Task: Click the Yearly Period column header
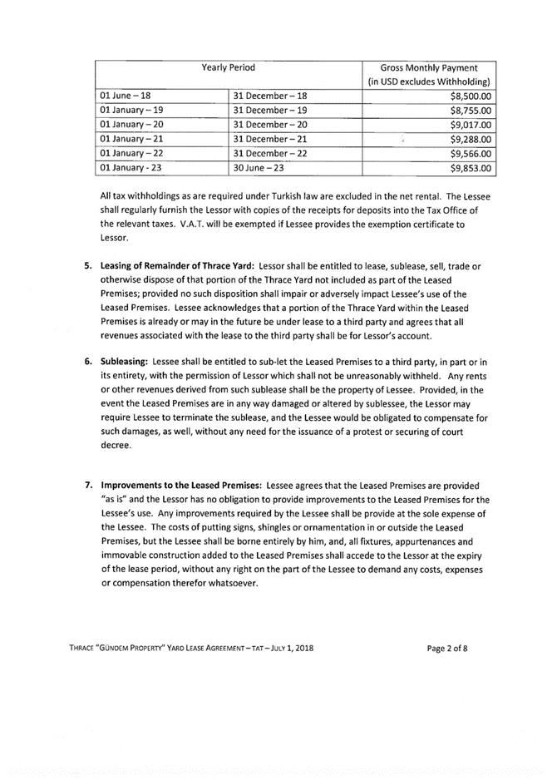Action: click(229, 66)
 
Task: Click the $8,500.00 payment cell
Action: click(471, 96)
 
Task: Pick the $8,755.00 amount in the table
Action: click(471, 111)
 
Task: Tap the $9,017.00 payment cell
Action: click(471, 125)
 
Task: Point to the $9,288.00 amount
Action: click(471, 140)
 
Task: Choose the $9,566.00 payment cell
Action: click(471, 154)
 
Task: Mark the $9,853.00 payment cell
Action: click(471, 168)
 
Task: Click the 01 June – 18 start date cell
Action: click(125, 96)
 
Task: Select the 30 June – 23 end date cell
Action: click(265, 168)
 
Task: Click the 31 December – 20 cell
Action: click(270, 125)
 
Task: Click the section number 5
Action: click(87, 265)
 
